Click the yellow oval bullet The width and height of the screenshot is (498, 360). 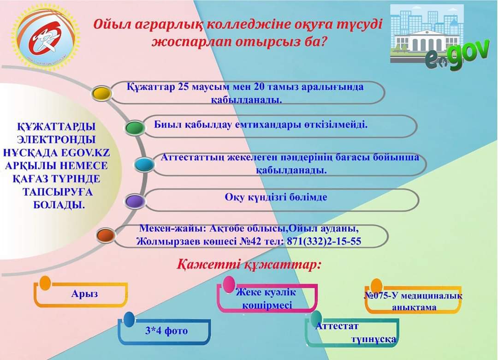101,94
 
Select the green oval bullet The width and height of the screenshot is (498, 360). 134,128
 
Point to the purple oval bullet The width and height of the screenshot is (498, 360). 135,201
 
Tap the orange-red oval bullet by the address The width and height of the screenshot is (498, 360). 106,235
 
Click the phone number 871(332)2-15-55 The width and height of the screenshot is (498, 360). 324,241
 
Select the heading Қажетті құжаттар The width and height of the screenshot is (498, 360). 249,265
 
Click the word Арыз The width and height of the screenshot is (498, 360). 84,294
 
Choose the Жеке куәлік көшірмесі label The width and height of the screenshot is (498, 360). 266,299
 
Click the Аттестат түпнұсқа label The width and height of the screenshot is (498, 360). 355,333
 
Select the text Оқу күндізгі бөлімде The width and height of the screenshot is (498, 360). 276,197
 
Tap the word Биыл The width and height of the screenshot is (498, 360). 166,124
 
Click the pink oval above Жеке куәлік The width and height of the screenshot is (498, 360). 229,284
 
